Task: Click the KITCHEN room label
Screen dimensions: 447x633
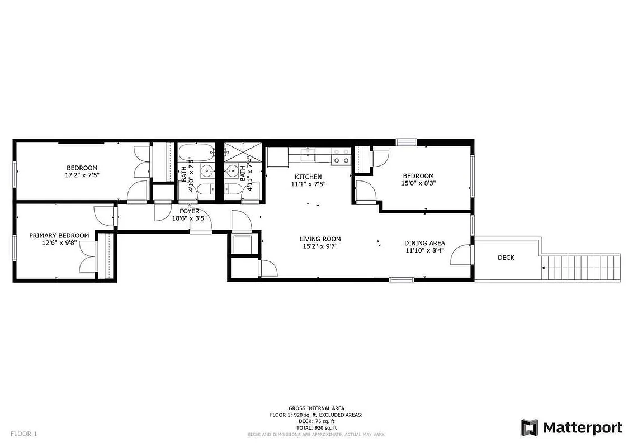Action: pyautogui.click(x=308, y=177)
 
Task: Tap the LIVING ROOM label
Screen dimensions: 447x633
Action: pyautogui.click(x=320, y=239)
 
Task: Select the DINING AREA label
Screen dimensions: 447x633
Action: pyautogui.click(x=424, y=243)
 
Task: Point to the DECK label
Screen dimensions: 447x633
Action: pyautogui.click(x=506, y=258)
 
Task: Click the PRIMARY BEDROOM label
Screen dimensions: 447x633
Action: pyautogui.click(x=59, y=236)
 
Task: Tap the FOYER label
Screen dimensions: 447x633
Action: pyautogui.click(x=190, y=211)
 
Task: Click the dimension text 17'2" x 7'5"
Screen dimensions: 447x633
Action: pyautogui.click(x=82, y=175)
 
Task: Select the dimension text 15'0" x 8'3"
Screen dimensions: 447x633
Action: pyautogui.click(x=418, y=183)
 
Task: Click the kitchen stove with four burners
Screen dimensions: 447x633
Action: pyautogui.click(x=341, y=156)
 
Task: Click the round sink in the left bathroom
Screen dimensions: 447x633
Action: pyautogui.click(x=207, y=171)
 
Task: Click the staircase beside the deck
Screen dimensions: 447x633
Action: pyautogui.click(x=582, y=269)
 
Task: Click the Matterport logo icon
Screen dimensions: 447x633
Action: pyautogui.click(x=529, y=427)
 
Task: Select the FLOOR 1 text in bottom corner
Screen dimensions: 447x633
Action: pyautogui.click(x=23, y=434)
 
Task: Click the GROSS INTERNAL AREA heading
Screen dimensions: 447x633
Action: pyautogui.click(x=316, y=408)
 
